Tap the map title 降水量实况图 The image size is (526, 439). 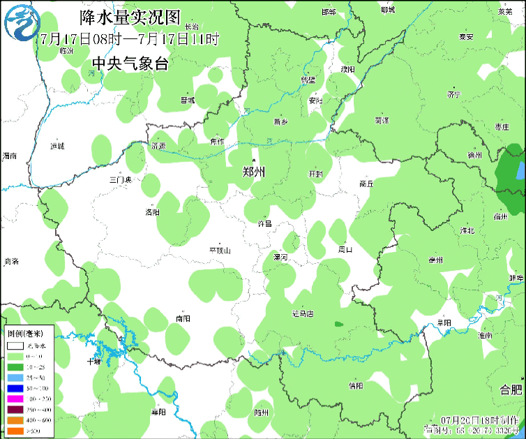130,16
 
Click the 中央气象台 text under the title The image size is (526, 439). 130,64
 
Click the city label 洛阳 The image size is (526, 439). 152,212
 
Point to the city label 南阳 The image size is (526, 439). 183,318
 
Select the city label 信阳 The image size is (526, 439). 355,385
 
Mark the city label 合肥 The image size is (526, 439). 510,389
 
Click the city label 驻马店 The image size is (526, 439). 303,313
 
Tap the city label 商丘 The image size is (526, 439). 367,184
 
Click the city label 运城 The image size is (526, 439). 57,146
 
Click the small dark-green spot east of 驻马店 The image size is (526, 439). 338,325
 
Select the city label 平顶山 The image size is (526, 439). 220,250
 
